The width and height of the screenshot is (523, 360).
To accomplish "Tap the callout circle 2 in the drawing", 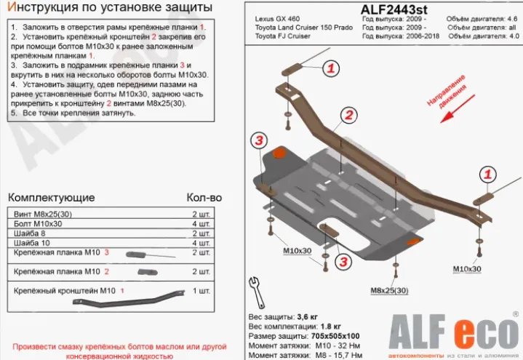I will [349, 115].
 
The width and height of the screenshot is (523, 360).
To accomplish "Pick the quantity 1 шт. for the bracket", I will [201, 290].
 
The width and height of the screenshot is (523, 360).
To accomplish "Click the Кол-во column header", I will [204, 198].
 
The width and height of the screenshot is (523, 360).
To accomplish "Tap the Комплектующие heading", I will [51, 198].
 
